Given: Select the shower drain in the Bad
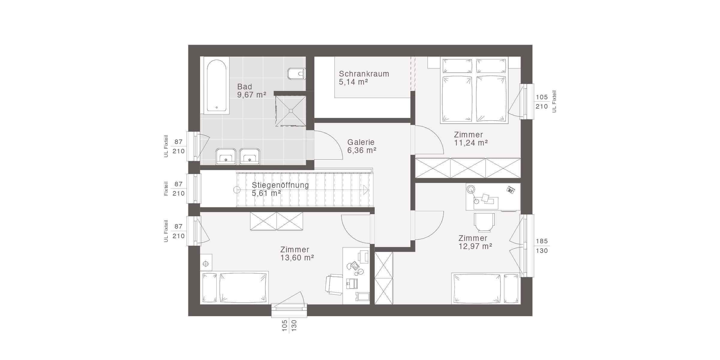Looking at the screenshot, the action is [x=291, y=111].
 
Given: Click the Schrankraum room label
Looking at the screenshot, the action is [x=364, y=74].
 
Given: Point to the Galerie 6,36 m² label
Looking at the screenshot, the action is [x=361, y=146].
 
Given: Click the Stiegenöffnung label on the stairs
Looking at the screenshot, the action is [x=280, y=185].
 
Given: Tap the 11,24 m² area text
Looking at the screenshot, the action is [x=471, y=143].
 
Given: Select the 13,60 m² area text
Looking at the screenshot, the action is [x=297, y=258].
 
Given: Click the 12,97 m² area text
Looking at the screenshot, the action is [x=475, y=246].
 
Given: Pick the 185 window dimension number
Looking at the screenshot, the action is [x=542, y=241].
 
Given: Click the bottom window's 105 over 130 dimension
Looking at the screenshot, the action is [x=289, y=325].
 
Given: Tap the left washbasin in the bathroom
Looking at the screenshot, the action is [x=226, y=156].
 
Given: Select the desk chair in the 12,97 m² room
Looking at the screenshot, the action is [x=484, y=223].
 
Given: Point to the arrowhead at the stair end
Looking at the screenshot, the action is [x=365, y=190].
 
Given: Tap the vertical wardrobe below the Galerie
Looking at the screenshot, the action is [x=384, y=278].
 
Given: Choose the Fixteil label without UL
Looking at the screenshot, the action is [x=166, y=189].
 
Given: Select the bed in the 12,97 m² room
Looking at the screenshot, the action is [x=486, y=288].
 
